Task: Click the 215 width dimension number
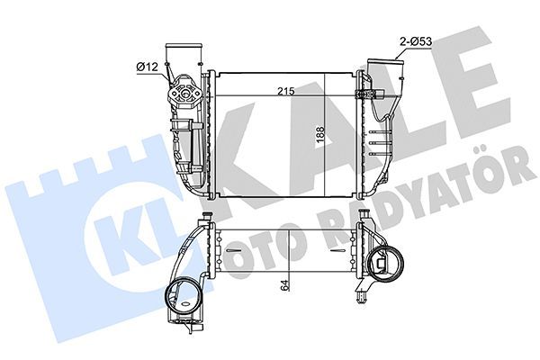coord(287,91)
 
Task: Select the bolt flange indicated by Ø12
coord(188,90)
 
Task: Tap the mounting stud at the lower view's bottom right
coord(361,294)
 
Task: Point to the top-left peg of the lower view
coord(206,217)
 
